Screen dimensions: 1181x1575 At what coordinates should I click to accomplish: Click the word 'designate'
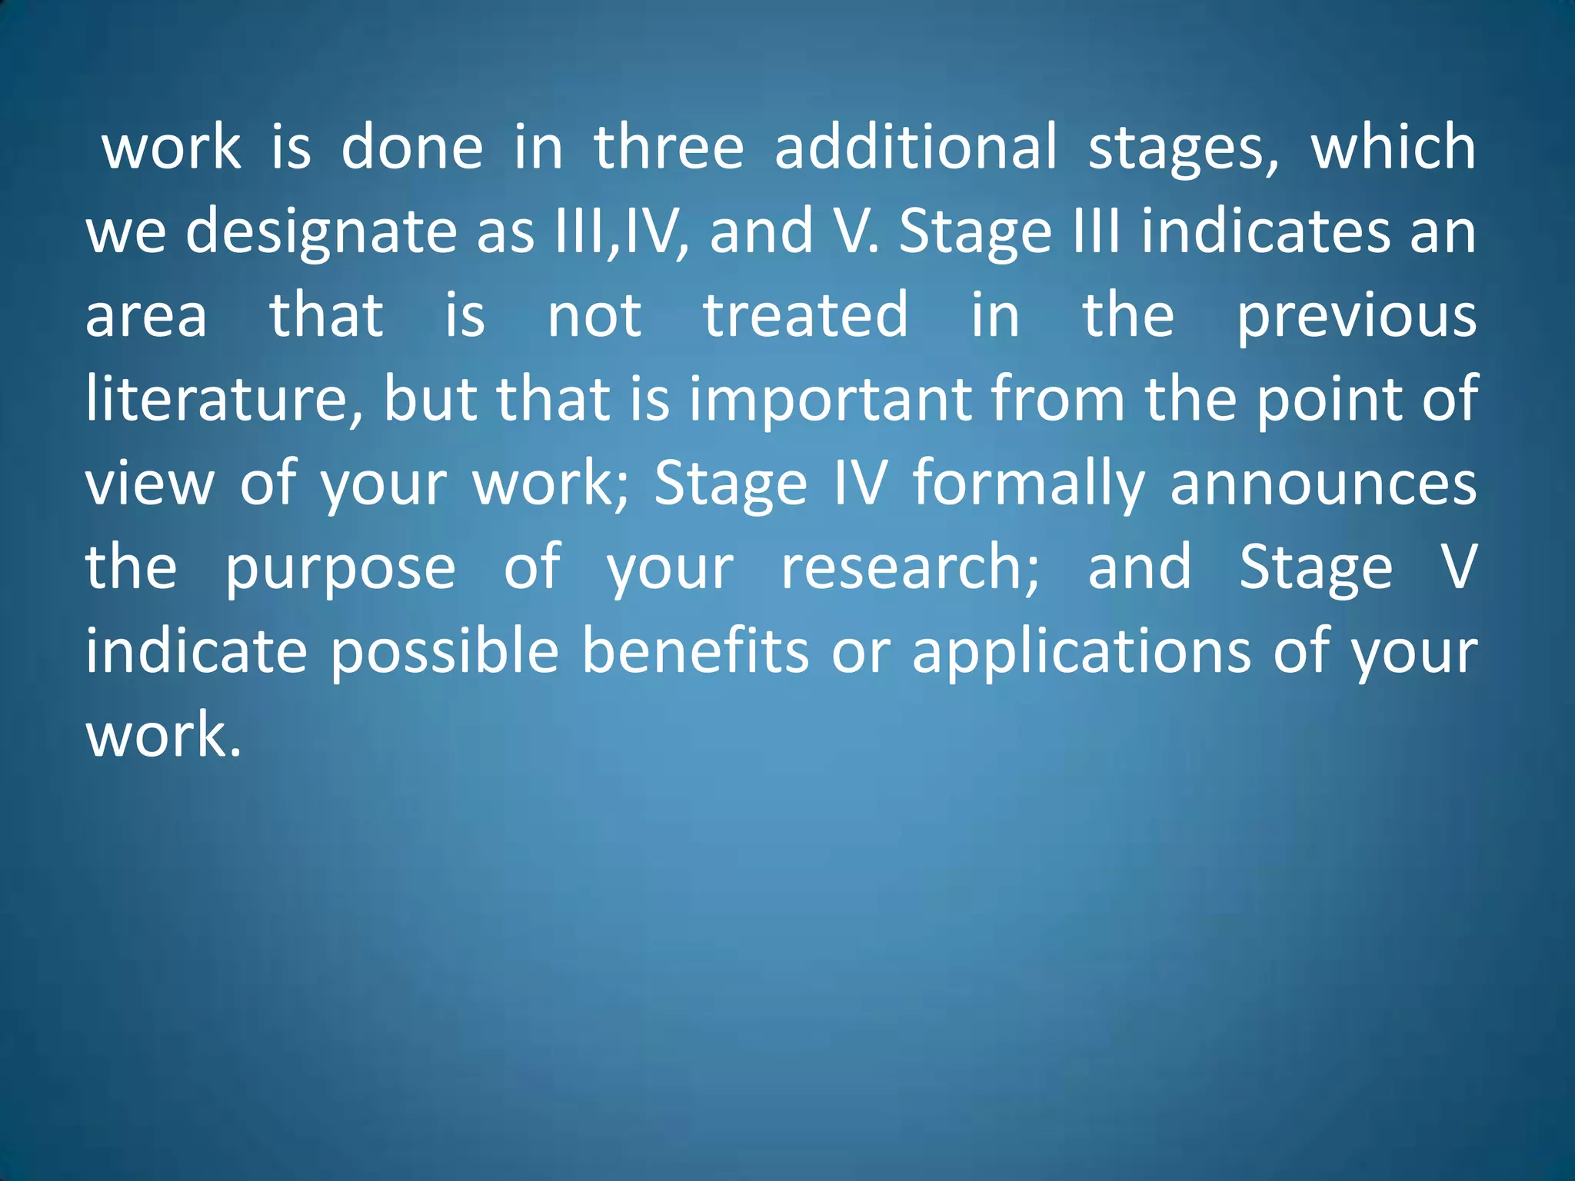(x=321, y=232)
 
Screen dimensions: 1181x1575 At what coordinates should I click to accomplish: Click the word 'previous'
(x=1357, y=317)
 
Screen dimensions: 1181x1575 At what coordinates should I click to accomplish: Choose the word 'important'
(x=830, y=401)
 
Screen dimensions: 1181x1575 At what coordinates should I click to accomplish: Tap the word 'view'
(x=150, y=484)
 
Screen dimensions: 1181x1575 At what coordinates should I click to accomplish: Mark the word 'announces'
(x=1323, y=484)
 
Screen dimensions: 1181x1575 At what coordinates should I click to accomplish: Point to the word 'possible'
(x=445, y=652)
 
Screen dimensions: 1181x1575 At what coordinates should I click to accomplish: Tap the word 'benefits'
(x=695, y=652)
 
